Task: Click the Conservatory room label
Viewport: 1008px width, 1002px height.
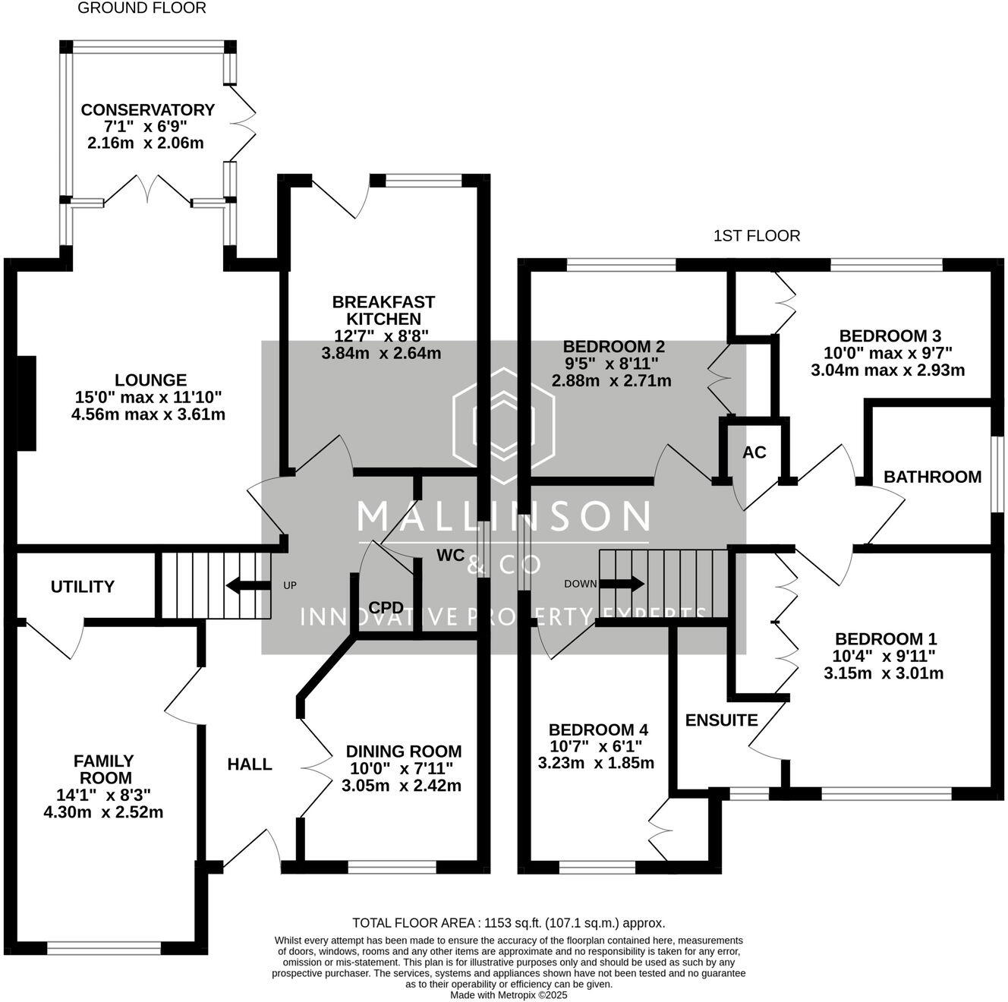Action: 147,110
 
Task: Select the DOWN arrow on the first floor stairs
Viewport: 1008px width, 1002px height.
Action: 624,584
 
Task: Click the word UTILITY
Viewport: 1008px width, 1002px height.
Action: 83,587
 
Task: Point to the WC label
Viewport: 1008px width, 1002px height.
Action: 450,555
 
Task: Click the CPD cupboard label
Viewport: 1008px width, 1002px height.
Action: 385,607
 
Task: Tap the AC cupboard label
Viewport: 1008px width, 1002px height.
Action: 754,452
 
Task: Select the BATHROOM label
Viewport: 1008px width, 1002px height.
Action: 932,477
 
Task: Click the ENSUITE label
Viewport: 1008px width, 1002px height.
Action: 721,720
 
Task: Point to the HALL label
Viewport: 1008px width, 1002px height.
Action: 250,764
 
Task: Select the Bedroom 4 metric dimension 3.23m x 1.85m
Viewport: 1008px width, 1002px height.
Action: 596,763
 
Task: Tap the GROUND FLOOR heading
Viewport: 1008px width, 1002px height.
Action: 142,8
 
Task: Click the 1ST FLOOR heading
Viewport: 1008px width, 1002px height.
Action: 757,236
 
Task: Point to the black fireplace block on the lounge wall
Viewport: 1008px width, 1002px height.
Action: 27,403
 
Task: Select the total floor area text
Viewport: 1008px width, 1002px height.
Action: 509,923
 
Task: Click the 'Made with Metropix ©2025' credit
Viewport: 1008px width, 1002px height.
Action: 509,994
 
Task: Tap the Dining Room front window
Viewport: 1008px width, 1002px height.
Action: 392,866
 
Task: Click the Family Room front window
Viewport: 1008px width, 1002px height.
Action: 104,947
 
